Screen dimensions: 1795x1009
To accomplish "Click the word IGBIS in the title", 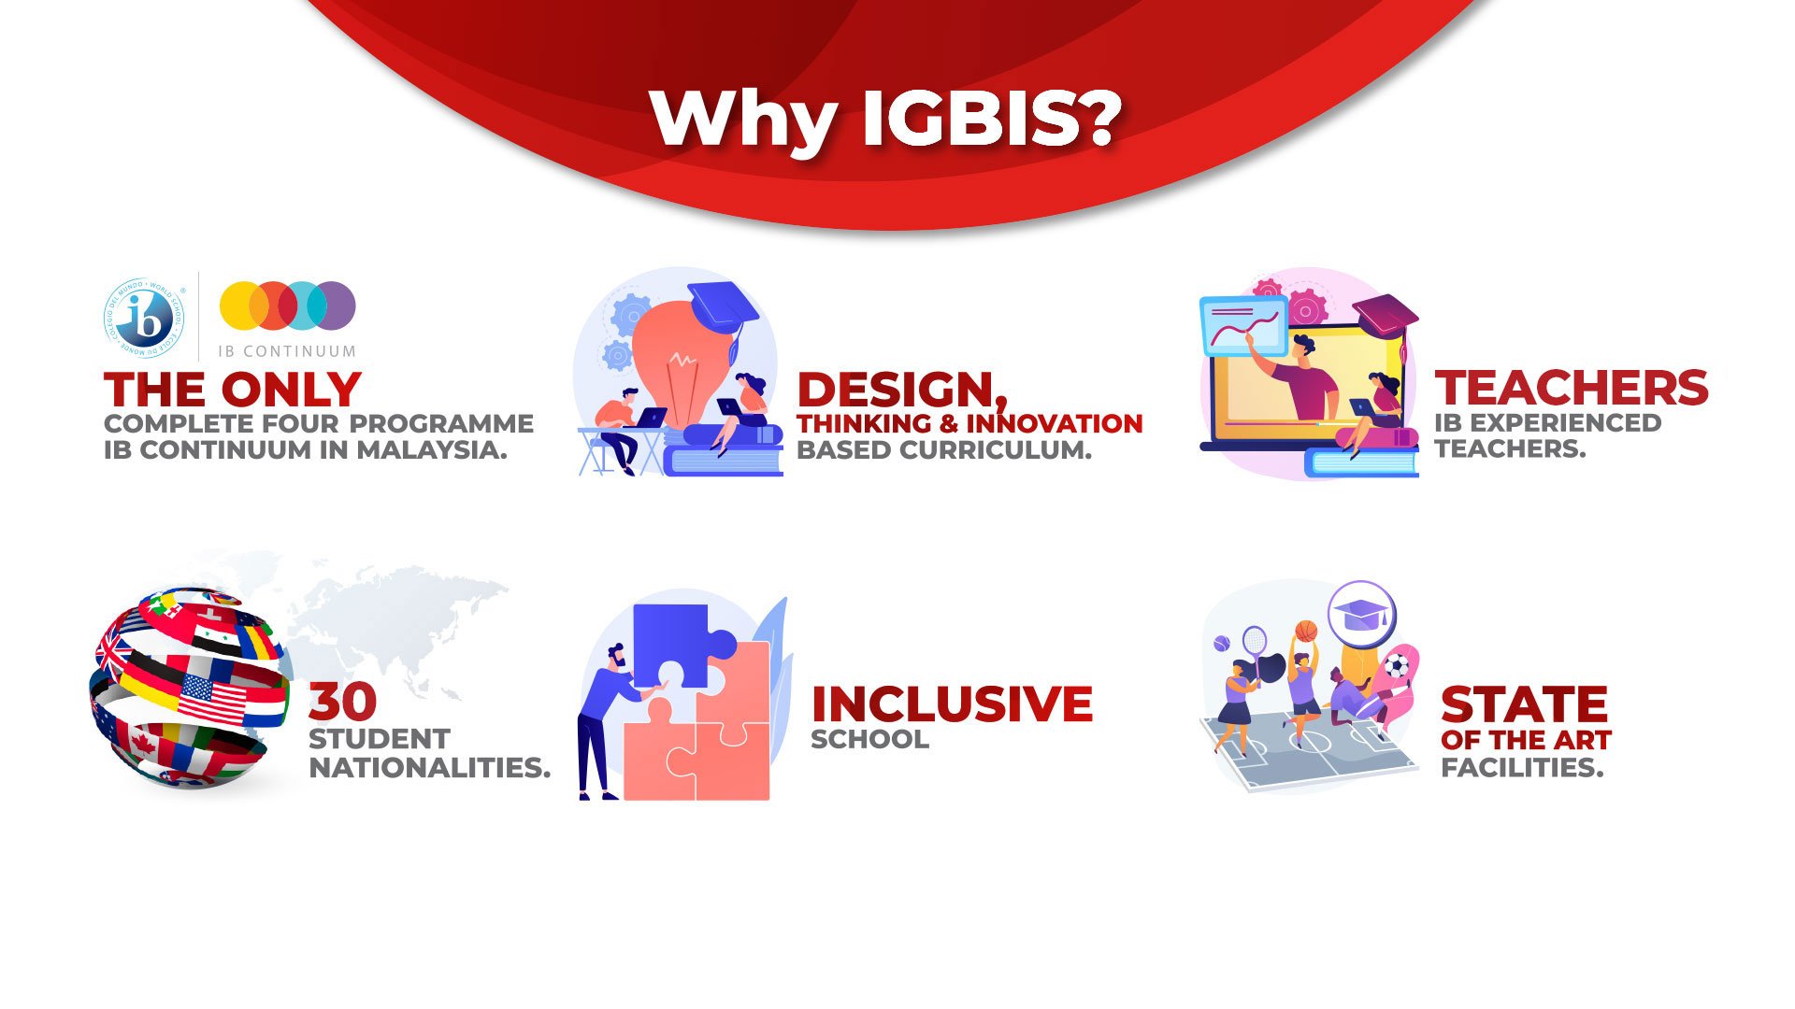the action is click(991, 119).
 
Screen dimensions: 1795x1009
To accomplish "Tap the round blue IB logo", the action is click(144, 317).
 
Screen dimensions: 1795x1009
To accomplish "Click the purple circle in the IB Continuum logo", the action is click(333, 306).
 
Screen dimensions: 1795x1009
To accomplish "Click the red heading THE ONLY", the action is click(233, 390).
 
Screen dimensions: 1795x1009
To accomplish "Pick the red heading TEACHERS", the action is click(1572, 388).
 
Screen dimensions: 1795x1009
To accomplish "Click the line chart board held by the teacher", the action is click(1242, 326).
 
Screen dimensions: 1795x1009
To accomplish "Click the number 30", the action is click(343, 701).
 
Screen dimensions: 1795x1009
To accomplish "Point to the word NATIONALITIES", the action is click(430, 768).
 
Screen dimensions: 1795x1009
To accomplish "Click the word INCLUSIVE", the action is click(952, 704).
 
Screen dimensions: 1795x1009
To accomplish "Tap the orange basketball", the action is click(1307, 631).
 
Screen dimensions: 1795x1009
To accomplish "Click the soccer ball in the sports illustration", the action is click(1396, 666).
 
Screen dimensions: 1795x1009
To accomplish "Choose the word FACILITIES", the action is click(1522, 768).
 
